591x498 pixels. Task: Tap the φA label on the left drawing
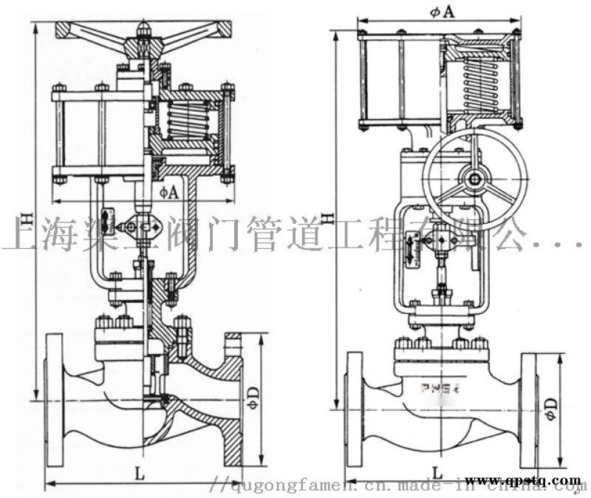click(168, 192)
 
